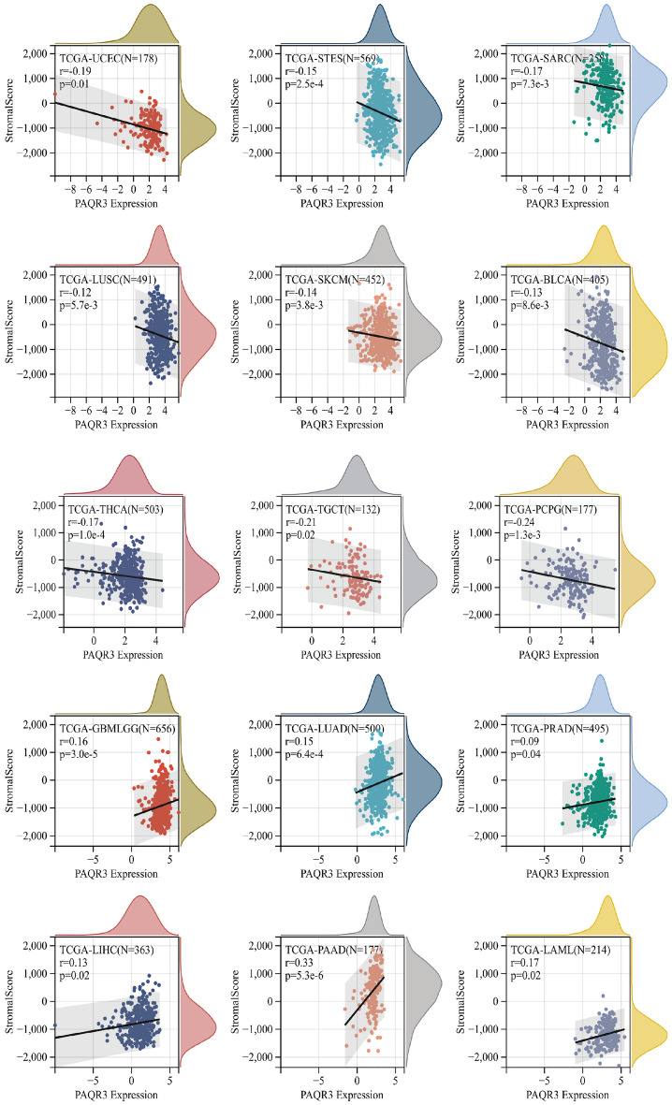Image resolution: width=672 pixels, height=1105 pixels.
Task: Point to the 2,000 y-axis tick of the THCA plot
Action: (x=38, y=505)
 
